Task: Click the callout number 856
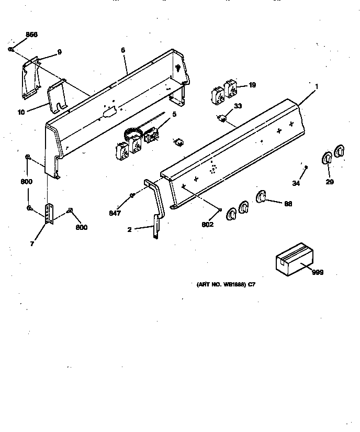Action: [17, 35]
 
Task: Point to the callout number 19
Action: [252, 85]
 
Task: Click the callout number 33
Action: [238, 106]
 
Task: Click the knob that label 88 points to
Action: [261, 197]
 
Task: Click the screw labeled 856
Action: [11, 49]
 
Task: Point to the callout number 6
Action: [123, 50]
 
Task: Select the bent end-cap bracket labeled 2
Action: [155, 209]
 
